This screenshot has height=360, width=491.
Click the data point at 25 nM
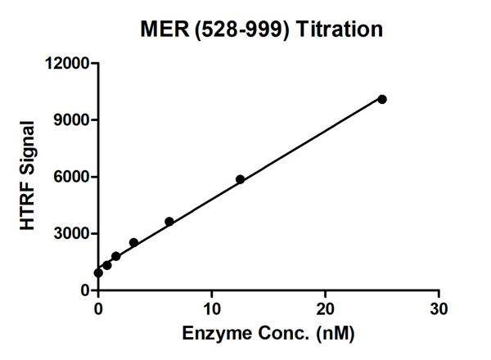(382, 99)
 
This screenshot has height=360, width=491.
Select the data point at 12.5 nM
(240, 179)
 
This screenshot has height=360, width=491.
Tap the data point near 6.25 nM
(169, 222)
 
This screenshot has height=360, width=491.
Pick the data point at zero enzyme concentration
(98, 272)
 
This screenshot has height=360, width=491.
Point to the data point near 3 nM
(133, 243)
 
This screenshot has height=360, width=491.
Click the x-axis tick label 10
(212, 308)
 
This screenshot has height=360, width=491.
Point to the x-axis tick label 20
(326, 308)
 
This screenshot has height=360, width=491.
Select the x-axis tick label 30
(439, 308)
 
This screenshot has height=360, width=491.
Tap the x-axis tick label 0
(98, 308)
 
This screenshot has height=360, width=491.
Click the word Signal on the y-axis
(27, 152)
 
